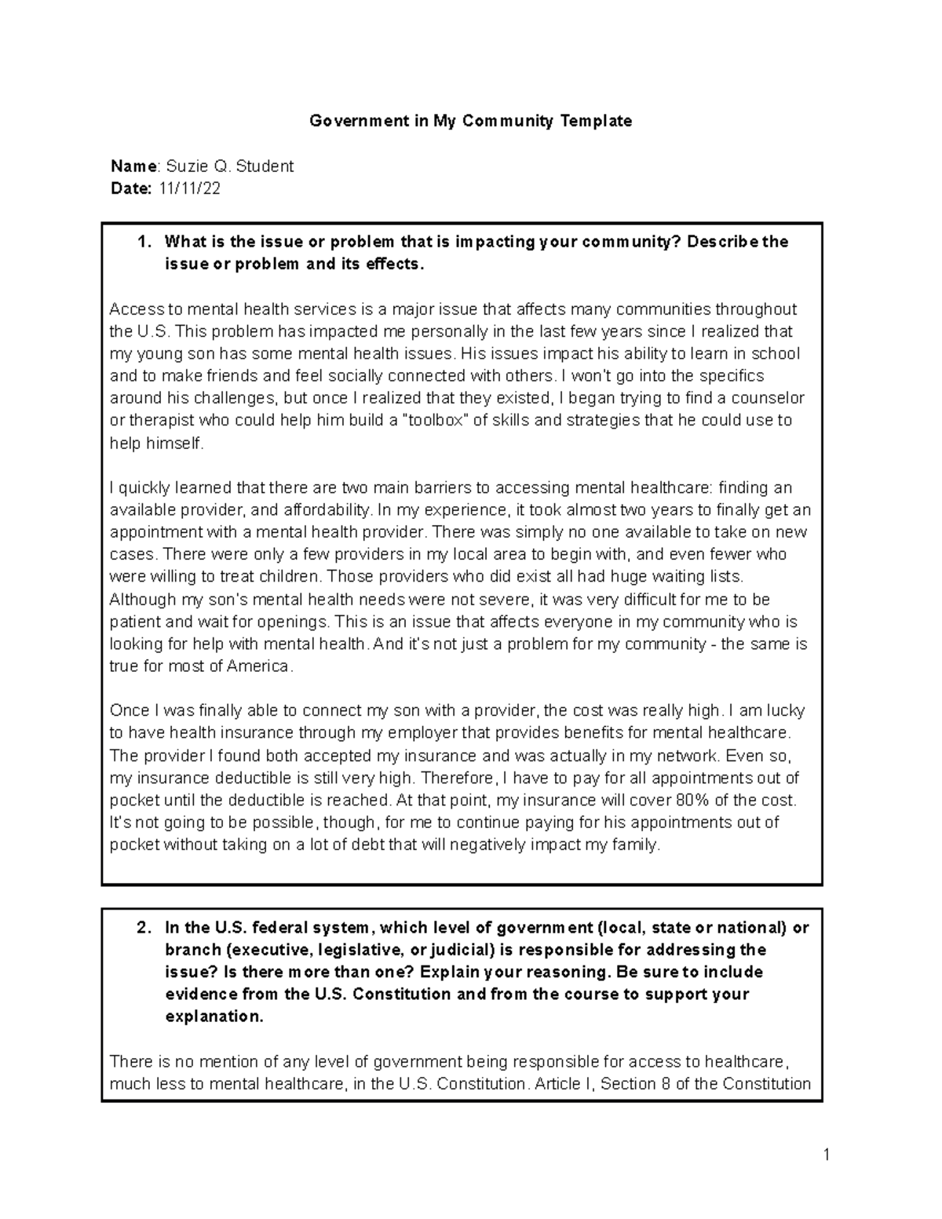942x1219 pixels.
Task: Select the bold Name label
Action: point(133,166)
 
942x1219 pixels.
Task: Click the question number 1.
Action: point(143,242)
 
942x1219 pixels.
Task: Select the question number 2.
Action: point(143,928)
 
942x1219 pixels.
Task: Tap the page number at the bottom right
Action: point(827,1154)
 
